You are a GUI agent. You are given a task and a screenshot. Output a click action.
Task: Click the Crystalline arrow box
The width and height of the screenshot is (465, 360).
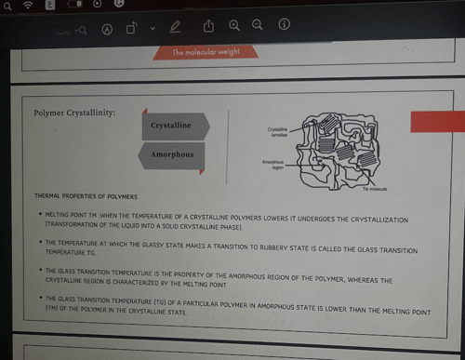[174, 125]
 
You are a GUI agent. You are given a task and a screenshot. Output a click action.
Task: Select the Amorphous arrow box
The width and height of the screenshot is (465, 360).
[174, 154]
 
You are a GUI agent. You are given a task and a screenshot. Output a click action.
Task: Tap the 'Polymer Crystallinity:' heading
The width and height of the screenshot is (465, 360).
[74, 113]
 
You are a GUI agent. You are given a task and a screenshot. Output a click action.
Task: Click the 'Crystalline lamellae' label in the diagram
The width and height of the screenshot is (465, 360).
[277, 132]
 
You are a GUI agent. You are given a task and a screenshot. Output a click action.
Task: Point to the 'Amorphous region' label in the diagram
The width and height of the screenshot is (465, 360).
[272, 165]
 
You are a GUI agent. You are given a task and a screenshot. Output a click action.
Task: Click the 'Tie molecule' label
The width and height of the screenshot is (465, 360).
[375, 189]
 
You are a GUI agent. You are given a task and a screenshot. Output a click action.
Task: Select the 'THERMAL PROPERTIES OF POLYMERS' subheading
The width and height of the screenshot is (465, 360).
[86, 197]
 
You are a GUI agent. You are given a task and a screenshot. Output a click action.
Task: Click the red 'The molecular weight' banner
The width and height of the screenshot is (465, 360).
[206, 52]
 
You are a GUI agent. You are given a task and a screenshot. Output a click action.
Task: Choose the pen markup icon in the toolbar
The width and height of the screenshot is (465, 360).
[176, 27]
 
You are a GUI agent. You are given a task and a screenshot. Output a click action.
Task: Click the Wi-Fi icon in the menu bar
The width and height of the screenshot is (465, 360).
[29, 5]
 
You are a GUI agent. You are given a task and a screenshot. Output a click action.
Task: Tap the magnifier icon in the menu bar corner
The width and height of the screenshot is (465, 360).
[7, 5]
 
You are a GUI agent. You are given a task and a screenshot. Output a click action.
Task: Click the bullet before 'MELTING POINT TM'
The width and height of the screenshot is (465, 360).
[38, 215]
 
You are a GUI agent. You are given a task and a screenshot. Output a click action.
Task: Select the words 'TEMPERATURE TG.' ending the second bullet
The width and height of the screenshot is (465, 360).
[71, 252]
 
